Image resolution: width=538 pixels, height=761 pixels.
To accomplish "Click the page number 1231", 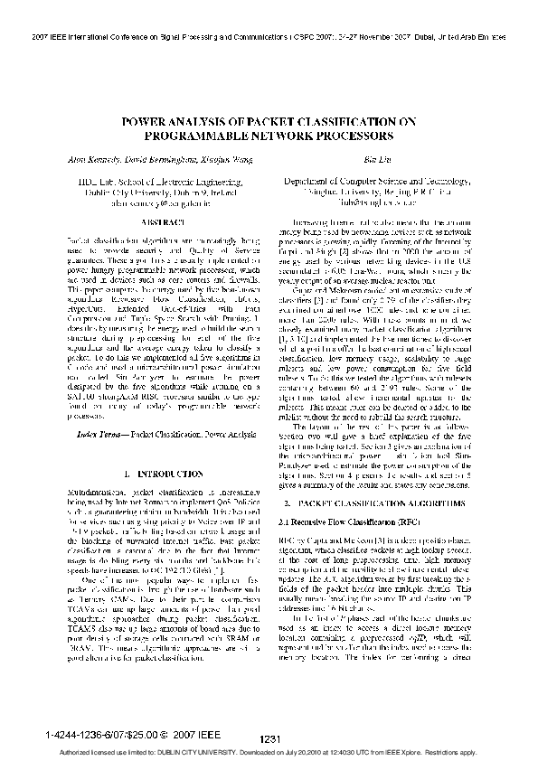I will (269, 740).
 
